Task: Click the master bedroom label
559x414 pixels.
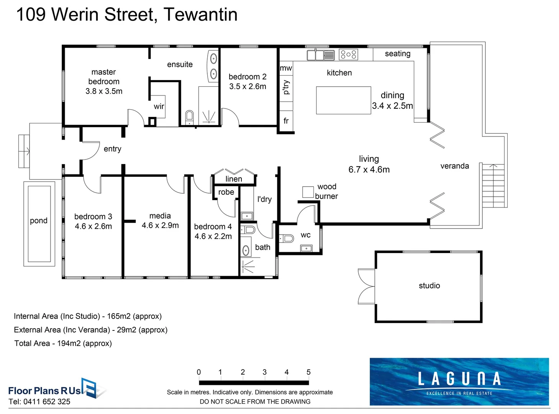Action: [x=103, y=77]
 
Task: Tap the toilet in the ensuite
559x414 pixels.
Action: [x=189, y=117]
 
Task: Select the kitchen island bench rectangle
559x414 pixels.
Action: [x=343, y=100]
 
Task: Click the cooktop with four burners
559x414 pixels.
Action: [x=348, y=55]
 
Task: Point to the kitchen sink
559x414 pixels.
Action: [x=320, y=55]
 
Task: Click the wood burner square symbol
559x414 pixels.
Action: [x=308, y=192]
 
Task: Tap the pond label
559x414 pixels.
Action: [x=39, y=221]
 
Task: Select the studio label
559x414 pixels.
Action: [x=429, y=286]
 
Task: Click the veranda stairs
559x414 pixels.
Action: [x=493, y=186]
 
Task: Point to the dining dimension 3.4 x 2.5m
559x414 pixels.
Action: [x=392, y=106]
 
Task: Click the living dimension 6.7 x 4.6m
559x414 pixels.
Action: [x=369, y=169]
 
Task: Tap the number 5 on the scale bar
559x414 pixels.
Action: [x=308, y=372]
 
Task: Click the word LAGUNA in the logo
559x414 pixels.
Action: [x=459, y=379]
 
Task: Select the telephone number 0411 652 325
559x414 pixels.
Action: [x=47, y=402]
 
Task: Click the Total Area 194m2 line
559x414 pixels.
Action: [x=63, y=343]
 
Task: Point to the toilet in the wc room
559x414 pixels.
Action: [x=287, y=239]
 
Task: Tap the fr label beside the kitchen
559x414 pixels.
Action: [x=286, y=121]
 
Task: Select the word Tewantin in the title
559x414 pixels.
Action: [x=200, y=15]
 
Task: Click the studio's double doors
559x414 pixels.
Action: [x=366, y=286]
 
